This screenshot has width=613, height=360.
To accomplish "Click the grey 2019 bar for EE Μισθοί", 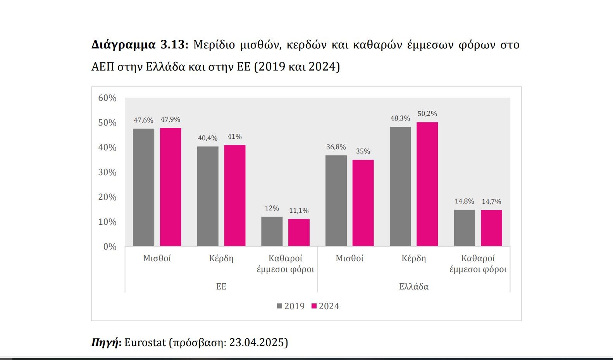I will click(x=143, y=187).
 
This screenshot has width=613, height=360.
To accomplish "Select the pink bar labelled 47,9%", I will click(x=170, y=187).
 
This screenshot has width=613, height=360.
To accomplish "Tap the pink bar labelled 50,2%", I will click(x=427, y=184).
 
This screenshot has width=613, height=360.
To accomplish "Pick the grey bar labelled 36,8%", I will click(x=336, y=201).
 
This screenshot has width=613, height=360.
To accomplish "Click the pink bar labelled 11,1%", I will click(x=299, y=233).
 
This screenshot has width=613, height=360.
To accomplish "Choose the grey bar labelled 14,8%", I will click(x=464, y=228).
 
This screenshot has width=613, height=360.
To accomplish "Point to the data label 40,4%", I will click(x=208, y=138).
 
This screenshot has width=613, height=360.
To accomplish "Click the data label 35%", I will click(x=363, y=152).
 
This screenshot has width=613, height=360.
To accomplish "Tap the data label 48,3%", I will click(x=400, y=119).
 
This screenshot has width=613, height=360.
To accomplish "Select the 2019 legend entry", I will click(x=291, y=306).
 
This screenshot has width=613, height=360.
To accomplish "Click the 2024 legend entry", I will click(x=325, y=306).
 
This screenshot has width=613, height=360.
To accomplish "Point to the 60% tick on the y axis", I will click(x=107, y=98).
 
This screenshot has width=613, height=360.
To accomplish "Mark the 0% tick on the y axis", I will click(x=110, y=247).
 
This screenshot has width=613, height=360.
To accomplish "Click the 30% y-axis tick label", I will click(x=107, y=172).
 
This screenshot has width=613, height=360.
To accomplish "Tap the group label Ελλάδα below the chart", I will click(x=413, y=287).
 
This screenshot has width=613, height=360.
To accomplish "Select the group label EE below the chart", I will click(x=221, y=287).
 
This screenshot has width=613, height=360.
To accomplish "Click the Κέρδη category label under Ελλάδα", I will click(x=413, y=258).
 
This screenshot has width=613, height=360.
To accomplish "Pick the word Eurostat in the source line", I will click(x=145, y=343).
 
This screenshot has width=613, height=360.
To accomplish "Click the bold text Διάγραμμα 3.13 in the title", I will click(x=139, y=45).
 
